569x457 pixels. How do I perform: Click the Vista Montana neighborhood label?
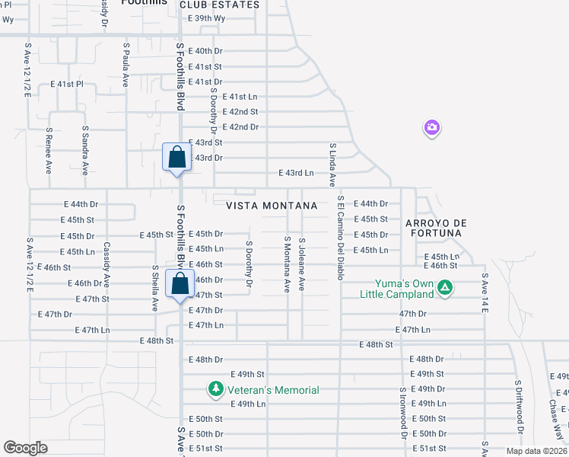tap(272, 206)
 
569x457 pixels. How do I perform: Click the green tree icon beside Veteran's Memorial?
tap(216, 390)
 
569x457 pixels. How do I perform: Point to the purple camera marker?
tap(431, 127)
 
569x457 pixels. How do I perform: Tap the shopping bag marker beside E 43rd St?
tap(176, 158)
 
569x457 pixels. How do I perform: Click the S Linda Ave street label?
tap(332, 164)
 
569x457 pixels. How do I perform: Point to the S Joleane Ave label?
tap(302, 263)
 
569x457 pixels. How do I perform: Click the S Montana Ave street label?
tap(288, 264)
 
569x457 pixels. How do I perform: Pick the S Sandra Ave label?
tap(85, 149)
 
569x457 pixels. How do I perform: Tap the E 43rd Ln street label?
tap(296, 173)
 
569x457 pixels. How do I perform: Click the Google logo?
tap(26, 447)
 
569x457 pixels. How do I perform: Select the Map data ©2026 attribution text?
tap(536, 451)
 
